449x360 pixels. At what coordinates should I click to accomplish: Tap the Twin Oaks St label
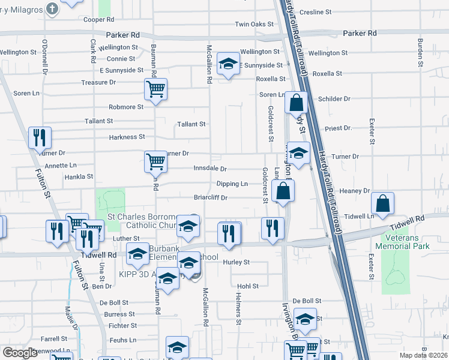click(254, 25)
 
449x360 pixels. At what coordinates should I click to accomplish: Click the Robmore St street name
click(126, 107)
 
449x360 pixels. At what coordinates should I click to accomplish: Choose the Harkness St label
click(127, 137)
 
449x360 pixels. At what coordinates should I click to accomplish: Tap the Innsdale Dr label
click(209, 169)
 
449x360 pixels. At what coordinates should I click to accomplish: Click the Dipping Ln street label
click(232, 184)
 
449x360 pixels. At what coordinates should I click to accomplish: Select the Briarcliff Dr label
click(211, 197)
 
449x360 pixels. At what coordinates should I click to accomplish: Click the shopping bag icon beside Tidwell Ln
click(382, 203)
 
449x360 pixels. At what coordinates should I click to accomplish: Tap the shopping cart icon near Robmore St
click(155, 90)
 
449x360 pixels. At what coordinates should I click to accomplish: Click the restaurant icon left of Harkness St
click(40, 137)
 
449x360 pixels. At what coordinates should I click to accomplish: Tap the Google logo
click(20, 353)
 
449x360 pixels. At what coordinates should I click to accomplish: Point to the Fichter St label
click(123, 326)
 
